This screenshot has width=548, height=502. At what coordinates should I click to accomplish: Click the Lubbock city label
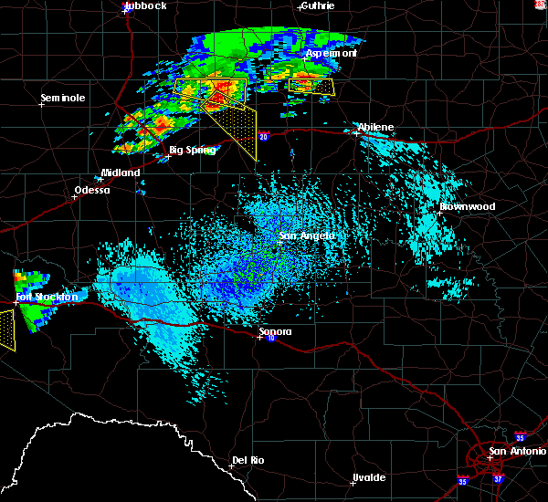pyautogui.click(x=146, y=5)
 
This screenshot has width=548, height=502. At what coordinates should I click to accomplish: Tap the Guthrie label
pyautogui.click(x=317, y=5)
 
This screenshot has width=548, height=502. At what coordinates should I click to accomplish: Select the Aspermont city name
pyautogui.click(x=331, y=53)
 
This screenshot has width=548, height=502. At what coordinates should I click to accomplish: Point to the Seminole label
pyautogui.click(x=63, y=98)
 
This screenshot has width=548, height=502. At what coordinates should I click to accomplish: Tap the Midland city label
pyautogui.click(x=121, y=173)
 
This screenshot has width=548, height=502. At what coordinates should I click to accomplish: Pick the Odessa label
pyautogui.click(x=92, y=191)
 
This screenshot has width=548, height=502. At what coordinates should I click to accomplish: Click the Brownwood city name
pyautogui.click(x=467, y=206)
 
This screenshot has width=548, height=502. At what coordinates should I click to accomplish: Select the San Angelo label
pyautogui.click(x=306, y=235)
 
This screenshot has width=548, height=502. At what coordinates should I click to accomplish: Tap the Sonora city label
pyautogui.click(x=274, y=331)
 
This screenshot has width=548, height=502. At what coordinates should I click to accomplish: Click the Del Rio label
pyautogui.click(x=248, y=460)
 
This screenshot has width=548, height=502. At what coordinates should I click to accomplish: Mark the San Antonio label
pyautogui.click(x=517, y=451)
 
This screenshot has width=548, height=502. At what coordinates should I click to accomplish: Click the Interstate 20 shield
pyautogui.click(x=264, y=137)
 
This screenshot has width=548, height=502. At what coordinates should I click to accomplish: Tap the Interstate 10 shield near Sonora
pyautogui.click(x=271, y=339)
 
